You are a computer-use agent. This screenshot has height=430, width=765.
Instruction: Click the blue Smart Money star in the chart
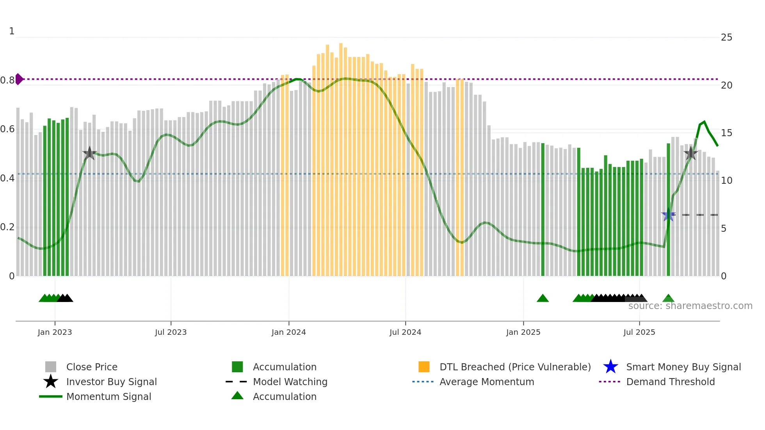pos(668,215)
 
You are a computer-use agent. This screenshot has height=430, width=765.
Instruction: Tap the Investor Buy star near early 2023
pos(89,153)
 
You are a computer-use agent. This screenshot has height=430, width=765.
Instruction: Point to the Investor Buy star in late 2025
pos(690,153)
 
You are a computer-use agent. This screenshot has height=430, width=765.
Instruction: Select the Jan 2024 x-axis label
pos(288,332)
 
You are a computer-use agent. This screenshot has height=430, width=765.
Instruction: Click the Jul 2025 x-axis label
pos(639,332)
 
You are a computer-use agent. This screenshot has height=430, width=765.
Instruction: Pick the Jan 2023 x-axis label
pos(55,332)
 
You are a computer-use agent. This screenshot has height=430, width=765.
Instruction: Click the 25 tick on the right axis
pos(726,37)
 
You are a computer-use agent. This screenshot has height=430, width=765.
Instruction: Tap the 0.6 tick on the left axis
pos(7,129)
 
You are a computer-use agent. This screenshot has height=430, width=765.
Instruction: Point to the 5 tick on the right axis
pos(724,228)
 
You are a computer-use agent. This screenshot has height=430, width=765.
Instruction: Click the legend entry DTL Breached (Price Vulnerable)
pos(515,367)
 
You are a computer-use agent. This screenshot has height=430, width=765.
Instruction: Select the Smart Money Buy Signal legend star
pos(610,367)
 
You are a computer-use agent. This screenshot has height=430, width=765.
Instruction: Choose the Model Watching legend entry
pos(290,382)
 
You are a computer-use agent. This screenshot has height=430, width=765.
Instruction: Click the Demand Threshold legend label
pos(670,382)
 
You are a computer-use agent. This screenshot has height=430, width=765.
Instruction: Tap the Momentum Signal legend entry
pos(109,396)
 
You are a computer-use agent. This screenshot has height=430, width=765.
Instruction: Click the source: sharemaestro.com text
pos(690,306)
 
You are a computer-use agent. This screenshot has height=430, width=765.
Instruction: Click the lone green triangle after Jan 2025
pos(543,299)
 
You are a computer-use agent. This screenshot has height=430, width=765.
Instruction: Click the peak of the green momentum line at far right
pos(704,122)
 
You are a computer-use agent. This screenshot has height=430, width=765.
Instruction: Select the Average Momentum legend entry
pos(486,382)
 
